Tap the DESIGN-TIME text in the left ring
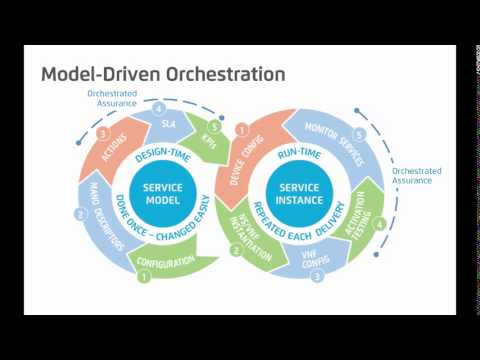pyautogui.click(x=162, y=152)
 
